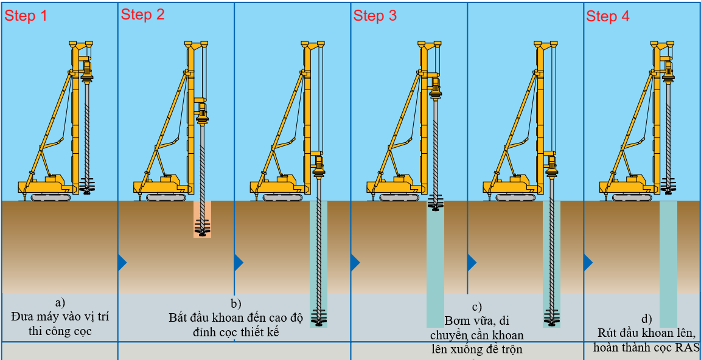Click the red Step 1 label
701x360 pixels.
tap(26, 16)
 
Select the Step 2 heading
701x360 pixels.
tap(143, 15)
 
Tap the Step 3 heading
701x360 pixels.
tap(375, 16)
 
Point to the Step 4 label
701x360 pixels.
tap(608, 16)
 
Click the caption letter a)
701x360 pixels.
tap(60, 302)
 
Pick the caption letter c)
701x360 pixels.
tap(476, 307)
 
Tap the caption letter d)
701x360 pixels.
tap(646, 319)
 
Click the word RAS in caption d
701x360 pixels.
tap(686, 347)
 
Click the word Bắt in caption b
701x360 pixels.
tap(180, 317)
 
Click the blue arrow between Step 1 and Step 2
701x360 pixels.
tap(122, 262)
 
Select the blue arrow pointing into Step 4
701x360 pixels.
tap(588, 262)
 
